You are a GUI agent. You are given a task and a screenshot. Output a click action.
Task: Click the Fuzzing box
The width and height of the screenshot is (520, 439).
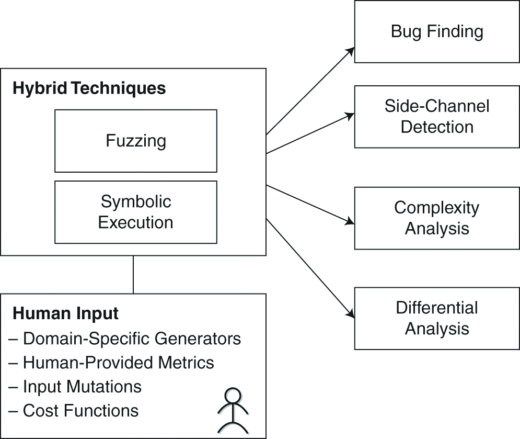[x=135, y=141]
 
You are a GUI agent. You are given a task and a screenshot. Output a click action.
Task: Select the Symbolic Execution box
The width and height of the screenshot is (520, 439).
[x=135, y=212]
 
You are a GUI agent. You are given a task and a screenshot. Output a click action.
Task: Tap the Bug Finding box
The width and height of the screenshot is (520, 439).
[x=437, y=32]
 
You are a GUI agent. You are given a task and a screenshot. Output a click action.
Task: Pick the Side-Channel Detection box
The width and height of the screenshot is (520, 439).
[x=437, y=117]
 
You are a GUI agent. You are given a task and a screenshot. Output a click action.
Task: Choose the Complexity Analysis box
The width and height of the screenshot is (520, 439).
[x=437, y=218]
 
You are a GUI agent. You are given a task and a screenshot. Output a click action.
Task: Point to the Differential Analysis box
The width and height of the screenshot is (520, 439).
[x=437, y=318]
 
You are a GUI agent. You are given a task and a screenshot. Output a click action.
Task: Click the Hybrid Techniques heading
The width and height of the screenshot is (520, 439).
[x=89, y=88]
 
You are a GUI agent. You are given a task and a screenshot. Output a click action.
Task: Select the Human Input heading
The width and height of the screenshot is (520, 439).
[x=65, y=313]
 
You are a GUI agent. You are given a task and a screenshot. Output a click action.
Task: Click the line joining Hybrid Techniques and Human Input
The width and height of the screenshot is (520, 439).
[x=133, y=275]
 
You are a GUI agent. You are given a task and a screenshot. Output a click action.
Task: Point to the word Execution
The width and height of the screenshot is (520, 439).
[x=135, y=222]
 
